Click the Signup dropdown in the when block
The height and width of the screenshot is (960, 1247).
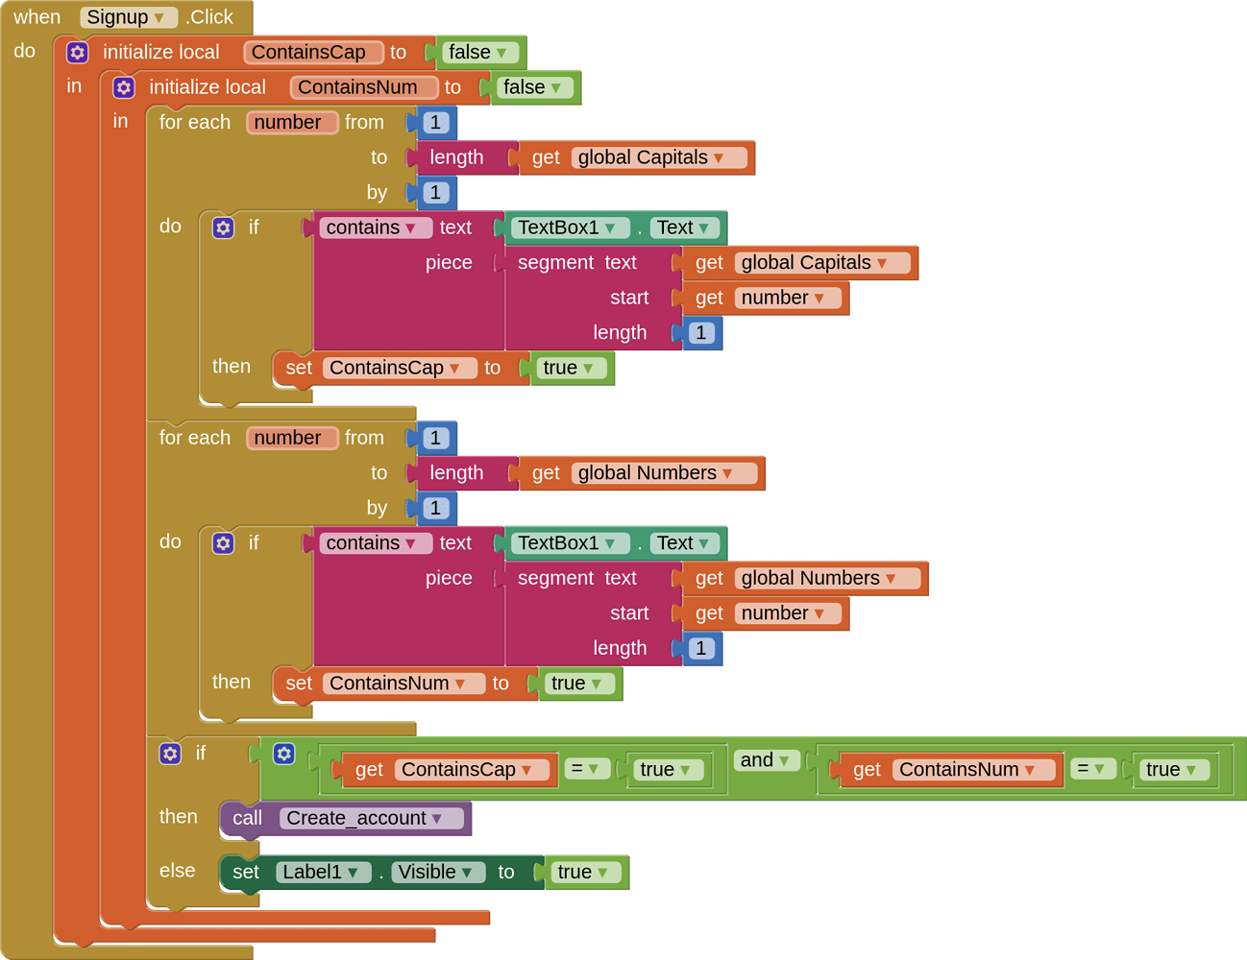(127, 17)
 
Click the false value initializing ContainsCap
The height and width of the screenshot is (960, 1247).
(477, 53)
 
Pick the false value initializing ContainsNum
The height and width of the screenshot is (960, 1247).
(532, 87)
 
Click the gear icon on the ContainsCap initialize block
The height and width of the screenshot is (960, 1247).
(78, 53)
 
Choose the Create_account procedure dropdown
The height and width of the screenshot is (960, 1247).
(372, 818)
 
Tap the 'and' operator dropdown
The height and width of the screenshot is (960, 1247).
(765, 760)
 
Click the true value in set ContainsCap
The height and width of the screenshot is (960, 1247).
(569, 368)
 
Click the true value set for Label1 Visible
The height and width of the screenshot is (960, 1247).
(583, 872)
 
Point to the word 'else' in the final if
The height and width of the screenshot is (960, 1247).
(178, 871)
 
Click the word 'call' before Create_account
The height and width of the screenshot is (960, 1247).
(247, 818)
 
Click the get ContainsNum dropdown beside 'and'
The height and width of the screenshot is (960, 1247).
(972, 769)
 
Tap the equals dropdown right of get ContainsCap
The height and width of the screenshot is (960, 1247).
(585, 769)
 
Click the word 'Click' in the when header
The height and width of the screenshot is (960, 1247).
(212, 17)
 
